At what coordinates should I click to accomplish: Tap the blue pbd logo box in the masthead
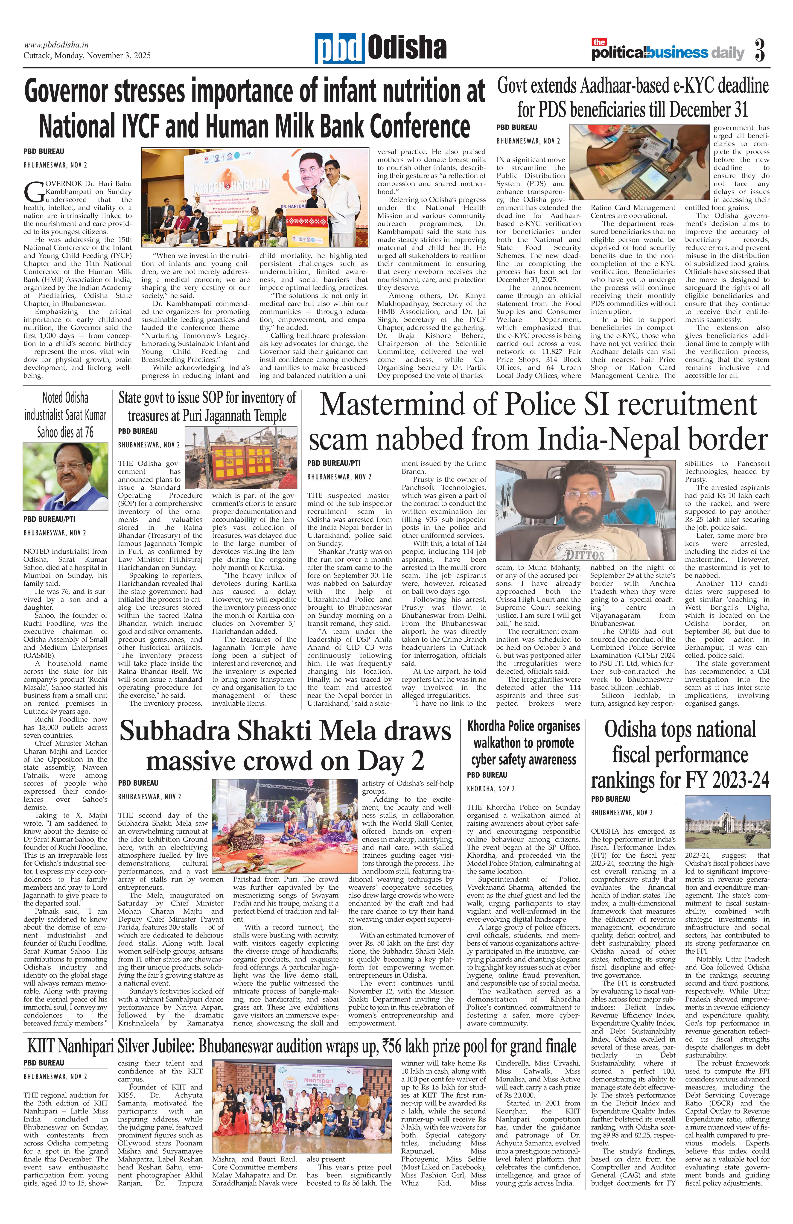[x=339, y=49]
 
